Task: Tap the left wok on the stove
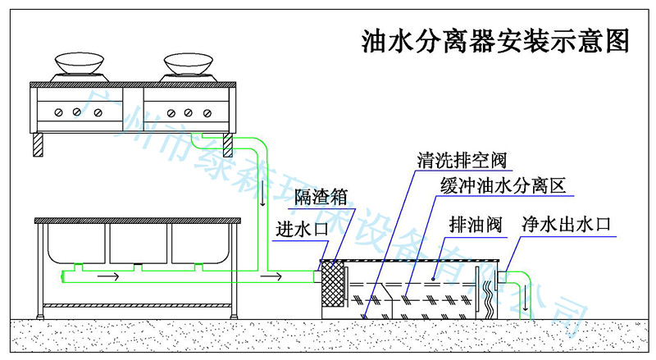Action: coord(80,64)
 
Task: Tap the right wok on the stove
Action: coord(188,64)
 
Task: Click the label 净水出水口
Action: coord(567,224)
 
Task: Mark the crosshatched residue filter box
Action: coord(331,284)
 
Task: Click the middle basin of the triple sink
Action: coord(138,243)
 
